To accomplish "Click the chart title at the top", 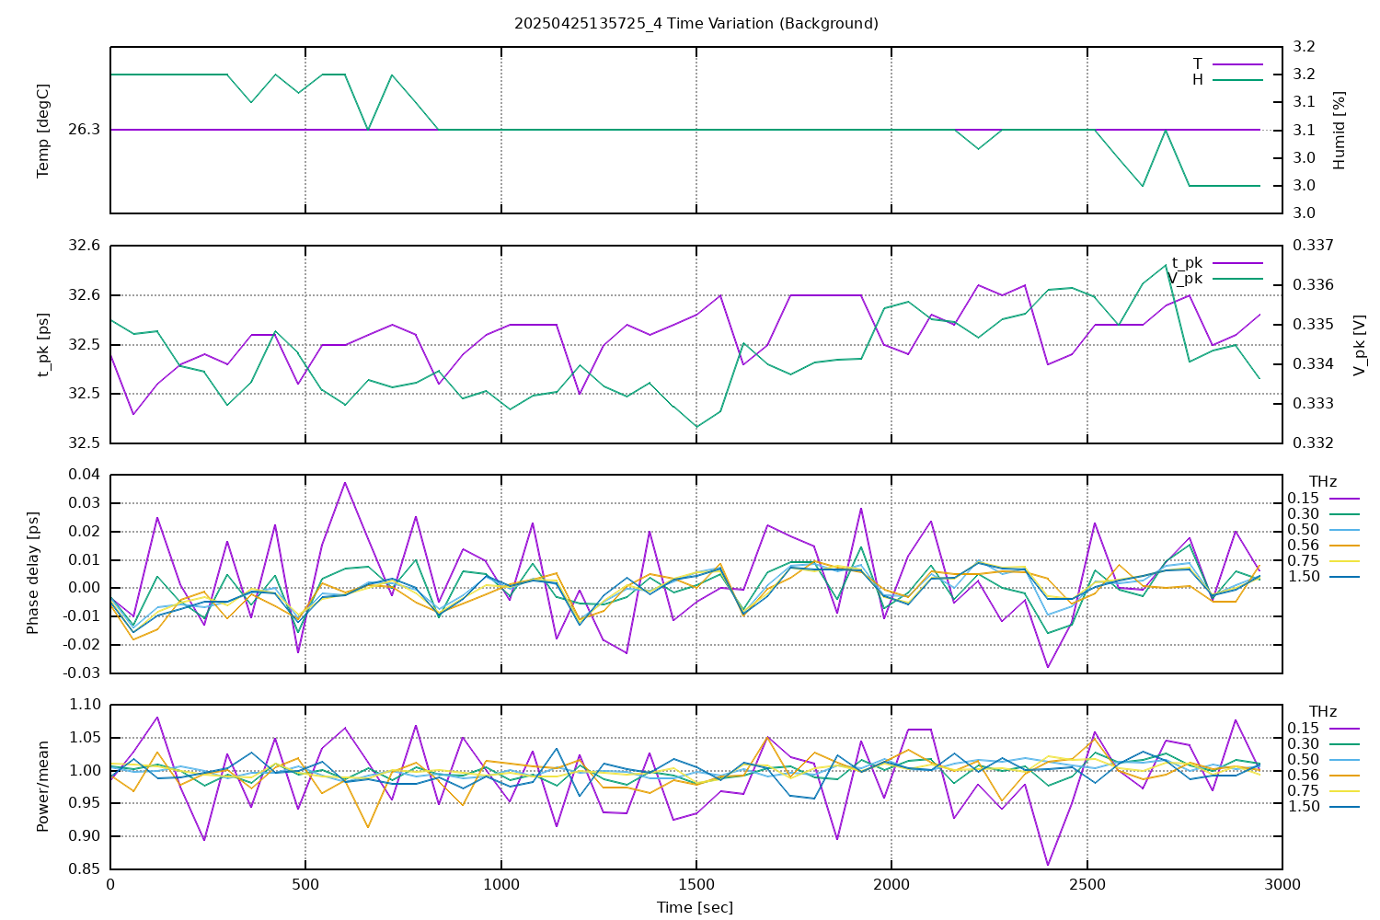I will point(696,23).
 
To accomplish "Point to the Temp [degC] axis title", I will point(43,130).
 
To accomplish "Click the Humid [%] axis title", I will point(1339,130).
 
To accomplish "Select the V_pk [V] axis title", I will point(1360,344).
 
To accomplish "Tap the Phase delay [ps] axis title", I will point(33,573).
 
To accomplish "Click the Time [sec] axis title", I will point(696,907).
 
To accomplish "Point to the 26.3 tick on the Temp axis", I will point(85,130).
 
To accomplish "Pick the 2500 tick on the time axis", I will point(1087,884).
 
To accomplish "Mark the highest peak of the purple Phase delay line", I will point(345,482).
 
